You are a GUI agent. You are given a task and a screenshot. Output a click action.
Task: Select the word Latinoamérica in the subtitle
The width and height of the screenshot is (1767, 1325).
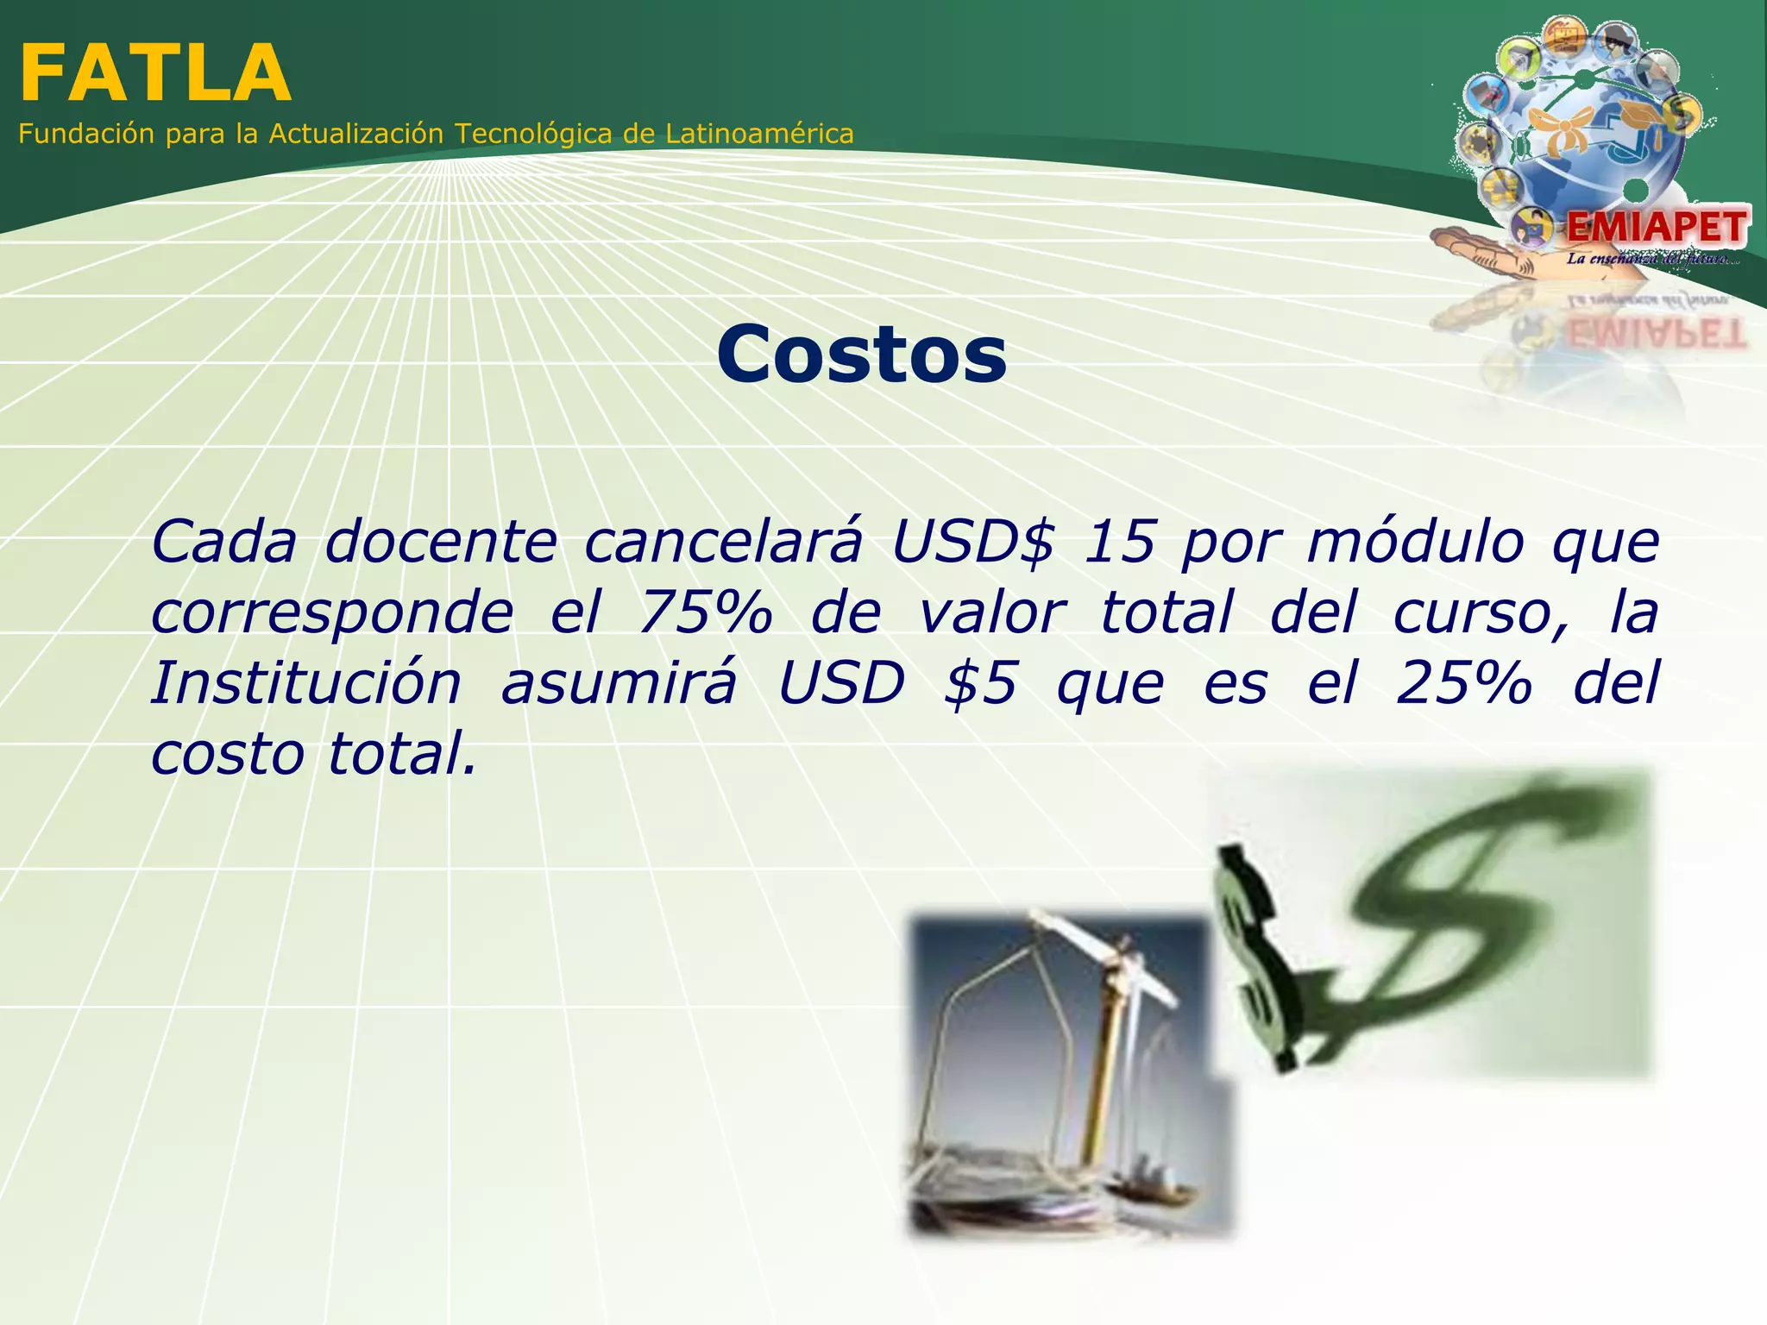click(x=759, y=134)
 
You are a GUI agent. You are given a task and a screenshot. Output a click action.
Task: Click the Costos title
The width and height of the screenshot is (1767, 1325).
click(x=861, y=355)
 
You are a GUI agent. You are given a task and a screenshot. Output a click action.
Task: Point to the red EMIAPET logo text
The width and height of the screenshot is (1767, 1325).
click(x=1657, y=228)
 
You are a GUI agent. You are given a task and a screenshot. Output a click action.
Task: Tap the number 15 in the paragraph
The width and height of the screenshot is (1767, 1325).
click(x=1118, y=542)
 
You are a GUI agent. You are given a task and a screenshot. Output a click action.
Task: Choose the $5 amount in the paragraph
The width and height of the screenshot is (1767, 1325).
click(x=981, y=683)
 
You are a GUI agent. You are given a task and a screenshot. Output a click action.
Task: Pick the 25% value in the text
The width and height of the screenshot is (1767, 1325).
click(x=1463, y=683)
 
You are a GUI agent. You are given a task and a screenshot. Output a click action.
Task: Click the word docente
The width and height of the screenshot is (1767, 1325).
click(x=441, y=542)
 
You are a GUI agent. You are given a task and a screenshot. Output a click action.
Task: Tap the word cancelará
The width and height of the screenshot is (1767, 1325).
click(x=723, y=542)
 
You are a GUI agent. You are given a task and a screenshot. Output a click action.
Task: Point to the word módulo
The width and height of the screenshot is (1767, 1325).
click(x=1415, y=542)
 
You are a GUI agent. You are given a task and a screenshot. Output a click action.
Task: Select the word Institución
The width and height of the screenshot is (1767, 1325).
click(x=306, y=683)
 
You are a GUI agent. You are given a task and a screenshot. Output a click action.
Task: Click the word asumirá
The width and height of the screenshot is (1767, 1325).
click(x=619, y=683)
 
